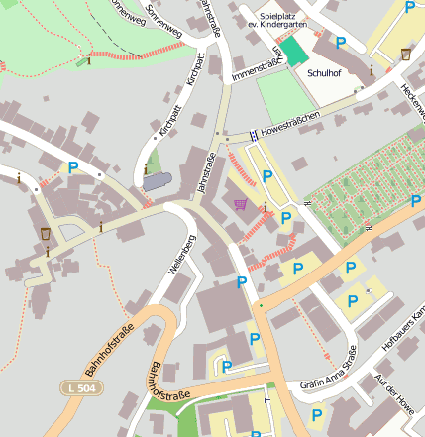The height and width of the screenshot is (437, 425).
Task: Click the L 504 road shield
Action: [x=79, y=387]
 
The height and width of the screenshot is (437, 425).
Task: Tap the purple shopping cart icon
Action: [x=241, y=204]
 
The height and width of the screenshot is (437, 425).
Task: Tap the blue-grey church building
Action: [x=157, y=182]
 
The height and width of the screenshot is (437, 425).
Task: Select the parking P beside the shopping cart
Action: [x=266, y=176]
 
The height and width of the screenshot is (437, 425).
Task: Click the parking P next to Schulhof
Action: [x=341, y=43]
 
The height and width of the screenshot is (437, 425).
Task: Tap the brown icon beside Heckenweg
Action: [x=405, y=54]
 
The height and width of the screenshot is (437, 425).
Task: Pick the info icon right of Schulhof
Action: [x=372, y=70]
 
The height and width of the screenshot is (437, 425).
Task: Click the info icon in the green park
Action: [x=89, y=60]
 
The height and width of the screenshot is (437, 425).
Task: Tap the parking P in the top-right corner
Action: [x=409, y=7]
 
